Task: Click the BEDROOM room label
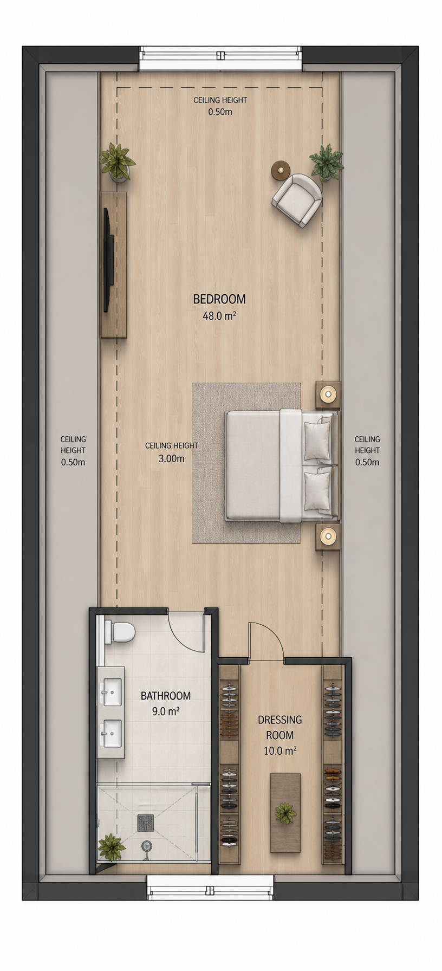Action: click(x=219, y=299)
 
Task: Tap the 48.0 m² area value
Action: click(x=219, y=316)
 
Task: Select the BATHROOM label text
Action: click(x=166, y=696)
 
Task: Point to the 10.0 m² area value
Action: click(x=279, y=751)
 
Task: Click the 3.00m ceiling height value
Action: click(x=171, y=459)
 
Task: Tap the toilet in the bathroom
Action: click(x=120, y=632)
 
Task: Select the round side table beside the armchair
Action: click(x=281, y=170)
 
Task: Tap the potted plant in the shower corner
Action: click(x=112, y=847)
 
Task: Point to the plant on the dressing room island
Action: click(x=285, y=813)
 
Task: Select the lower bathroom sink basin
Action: click(x=112, y=733)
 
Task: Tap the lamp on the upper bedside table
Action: click(x=328, y=393)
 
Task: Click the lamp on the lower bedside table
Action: click(x=328, y=537)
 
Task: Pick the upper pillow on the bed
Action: click(x=317, y=441)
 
